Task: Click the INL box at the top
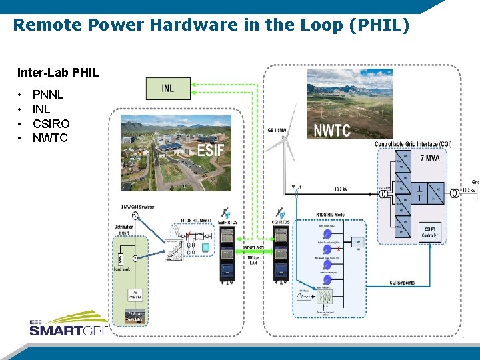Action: click(x=169, y=89)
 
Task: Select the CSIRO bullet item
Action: click(x=51, y=123)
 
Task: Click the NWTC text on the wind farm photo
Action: click(x=331, y=130)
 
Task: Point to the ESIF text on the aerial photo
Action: click(x=210, y=149)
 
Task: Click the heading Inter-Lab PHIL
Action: click(x=58, y=72)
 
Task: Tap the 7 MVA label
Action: click(x=430, y=159)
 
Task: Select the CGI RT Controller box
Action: click(x=430, y=231)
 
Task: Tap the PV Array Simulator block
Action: click(x=135, y=316)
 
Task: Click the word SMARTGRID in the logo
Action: click(x=67, y=330)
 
